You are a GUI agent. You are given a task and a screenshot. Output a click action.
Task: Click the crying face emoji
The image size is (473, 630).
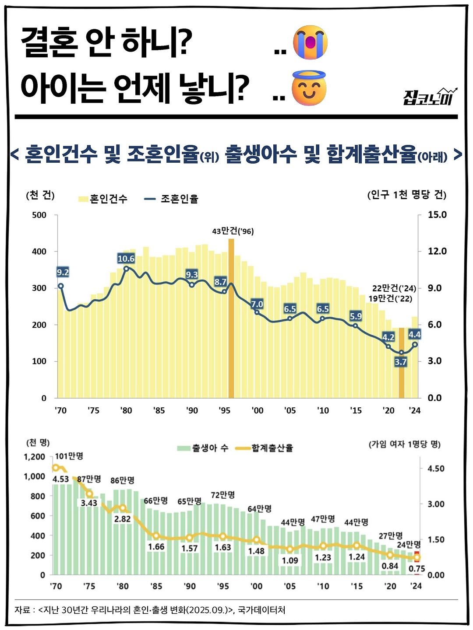(x=311, y=42)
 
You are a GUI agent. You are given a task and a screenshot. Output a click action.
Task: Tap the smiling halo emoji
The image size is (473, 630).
(x=309, y=88)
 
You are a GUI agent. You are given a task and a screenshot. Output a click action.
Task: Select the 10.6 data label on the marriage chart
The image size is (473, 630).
(x=126, y=259)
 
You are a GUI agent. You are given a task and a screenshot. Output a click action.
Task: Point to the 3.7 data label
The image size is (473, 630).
(x=400, y=362)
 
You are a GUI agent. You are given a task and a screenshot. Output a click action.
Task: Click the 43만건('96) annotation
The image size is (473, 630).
(x=233, y=231)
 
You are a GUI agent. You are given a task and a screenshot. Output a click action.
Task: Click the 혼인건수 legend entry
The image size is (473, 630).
(x=103, y=199)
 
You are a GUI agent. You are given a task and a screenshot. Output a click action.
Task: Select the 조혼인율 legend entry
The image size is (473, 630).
(x=171, y=199)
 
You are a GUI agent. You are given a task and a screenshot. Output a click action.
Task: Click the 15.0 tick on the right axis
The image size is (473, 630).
(x=437, y=215)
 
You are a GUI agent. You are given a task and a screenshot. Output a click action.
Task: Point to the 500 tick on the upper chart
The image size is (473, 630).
(x=39, y=215)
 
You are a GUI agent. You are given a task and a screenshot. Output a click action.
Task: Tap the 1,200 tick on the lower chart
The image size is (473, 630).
(x=35, y=457)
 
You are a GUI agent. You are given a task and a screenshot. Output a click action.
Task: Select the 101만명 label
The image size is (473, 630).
(x=69, y=456)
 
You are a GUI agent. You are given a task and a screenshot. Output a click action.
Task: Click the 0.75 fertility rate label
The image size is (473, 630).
(x=417, y=569)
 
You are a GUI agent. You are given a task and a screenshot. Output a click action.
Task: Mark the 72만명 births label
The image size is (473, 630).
(x=223, y=495)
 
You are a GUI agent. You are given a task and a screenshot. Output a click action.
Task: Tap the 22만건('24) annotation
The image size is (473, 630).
(x=394, y=288)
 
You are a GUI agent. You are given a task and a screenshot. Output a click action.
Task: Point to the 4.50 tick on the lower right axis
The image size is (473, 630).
(x=436, y=469)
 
